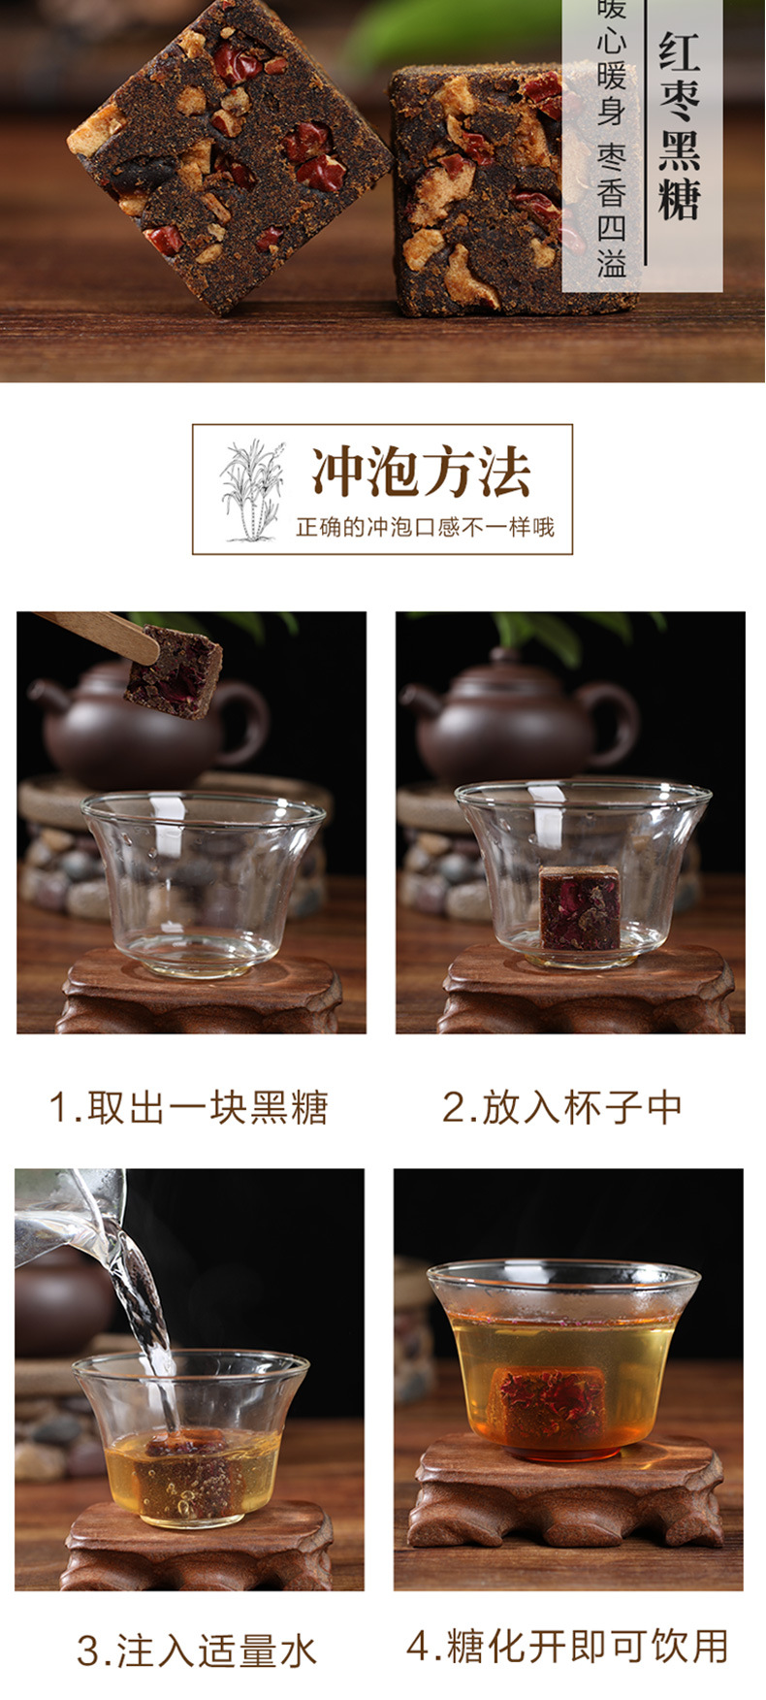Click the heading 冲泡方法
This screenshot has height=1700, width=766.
point(421,473)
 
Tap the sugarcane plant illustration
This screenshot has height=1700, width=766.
point(250,489)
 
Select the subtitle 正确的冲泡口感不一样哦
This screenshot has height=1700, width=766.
point(425,528)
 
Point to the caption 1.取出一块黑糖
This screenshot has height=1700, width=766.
point(189,1108)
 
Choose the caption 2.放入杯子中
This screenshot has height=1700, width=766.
point(562,1108)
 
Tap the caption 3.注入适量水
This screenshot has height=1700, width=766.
point(197,1651)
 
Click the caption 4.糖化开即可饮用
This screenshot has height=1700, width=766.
point(567,1646)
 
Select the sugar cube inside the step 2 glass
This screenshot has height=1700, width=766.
point(579,907)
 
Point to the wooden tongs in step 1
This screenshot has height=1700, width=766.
point(97,631)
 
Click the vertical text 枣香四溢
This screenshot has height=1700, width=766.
point(611,208)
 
